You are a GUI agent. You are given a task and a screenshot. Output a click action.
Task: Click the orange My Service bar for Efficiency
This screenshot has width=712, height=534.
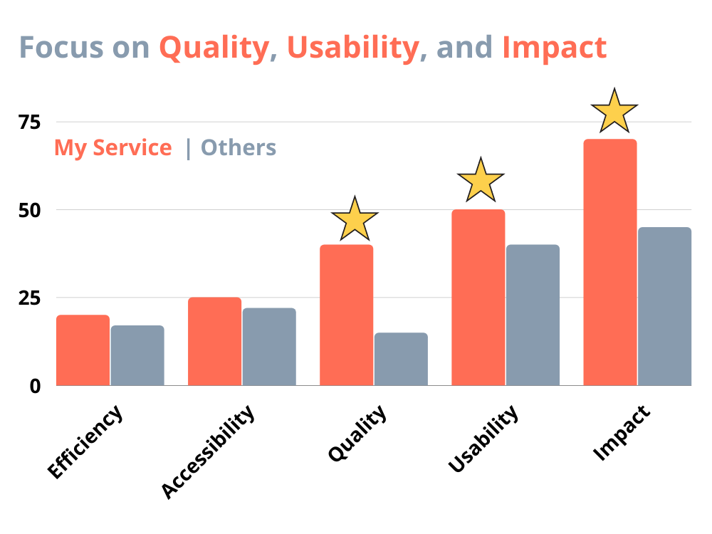point(83,350)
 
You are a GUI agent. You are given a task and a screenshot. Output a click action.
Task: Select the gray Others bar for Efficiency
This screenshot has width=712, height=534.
point(137,356)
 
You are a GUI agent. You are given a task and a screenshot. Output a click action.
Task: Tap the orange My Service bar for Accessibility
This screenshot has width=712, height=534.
point(214,342)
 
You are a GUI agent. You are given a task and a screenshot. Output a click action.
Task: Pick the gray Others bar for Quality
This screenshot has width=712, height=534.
point(401,360)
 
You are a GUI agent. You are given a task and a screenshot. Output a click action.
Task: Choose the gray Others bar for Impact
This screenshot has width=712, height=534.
point(664,306)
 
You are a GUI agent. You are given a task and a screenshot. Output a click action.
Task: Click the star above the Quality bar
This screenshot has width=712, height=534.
point(355,219)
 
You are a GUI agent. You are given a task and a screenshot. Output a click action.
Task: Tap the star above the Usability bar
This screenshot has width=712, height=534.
point(481,181)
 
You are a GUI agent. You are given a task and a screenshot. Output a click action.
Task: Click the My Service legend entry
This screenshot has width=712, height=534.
point(113,147)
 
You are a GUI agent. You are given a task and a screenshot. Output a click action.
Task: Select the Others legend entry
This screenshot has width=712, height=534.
point(239,147)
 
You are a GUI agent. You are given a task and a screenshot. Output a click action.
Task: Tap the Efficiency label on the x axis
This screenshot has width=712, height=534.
point(85,442)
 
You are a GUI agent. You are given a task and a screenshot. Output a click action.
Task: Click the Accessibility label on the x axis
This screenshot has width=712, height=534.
point(207,452)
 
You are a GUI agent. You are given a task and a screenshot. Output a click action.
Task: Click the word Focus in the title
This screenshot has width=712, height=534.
point(63,48)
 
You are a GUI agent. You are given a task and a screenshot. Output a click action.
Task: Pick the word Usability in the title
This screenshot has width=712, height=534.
point(352,48)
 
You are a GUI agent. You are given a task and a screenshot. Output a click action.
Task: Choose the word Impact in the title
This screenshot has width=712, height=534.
point(555,48)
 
